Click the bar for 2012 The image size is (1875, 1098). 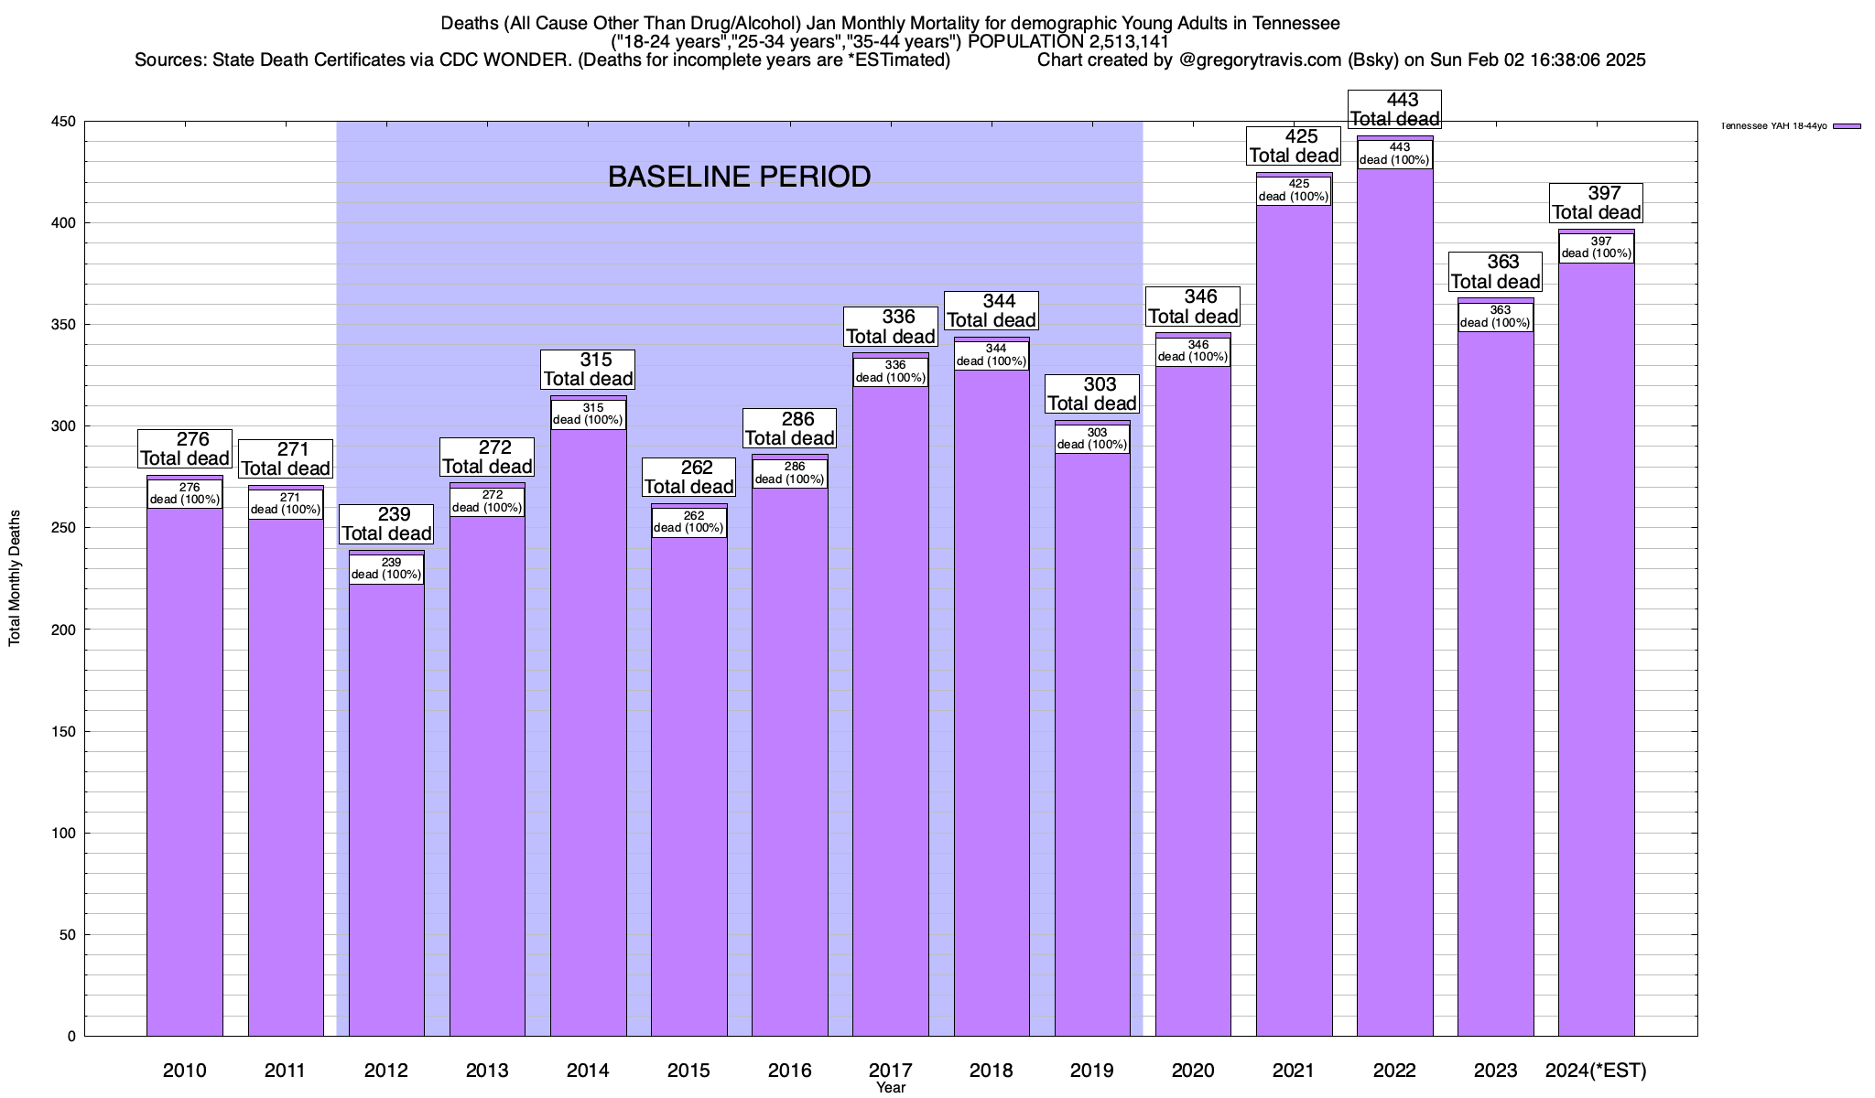coord(386,805)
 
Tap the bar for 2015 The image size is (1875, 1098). coord(689,787)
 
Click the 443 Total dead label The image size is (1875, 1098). coord(1395,109)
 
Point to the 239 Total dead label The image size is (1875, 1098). coord(386,523)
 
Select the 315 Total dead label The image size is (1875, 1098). coord(588,369)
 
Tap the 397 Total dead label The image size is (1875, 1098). coord(1597,202)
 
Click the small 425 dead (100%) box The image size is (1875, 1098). coord(1294,190)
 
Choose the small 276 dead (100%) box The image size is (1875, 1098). coord(185,493)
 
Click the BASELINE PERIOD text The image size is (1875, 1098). coord(739,177)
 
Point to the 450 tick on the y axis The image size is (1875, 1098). coord(65,122)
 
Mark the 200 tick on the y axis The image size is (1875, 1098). coord(65,630)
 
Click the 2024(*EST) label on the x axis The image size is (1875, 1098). coord(1596,1071)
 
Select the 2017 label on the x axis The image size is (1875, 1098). coord(890,1071)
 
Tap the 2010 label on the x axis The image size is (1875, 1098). coord(185,1071)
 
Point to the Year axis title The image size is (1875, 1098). coord(890,1088)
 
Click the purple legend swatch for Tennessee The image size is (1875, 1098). coord(1847,126)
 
